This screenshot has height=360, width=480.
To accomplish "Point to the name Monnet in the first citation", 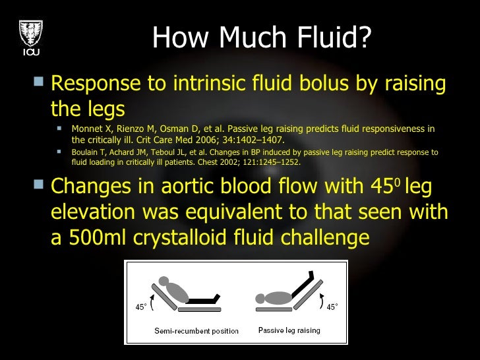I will pyautogui.click(x=88, y=129).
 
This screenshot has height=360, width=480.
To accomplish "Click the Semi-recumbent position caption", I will pyautogui.click(x=196, y=331).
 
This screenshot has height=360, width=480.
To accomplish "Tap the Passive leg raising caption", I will pyautogui.click(x=289, y=330).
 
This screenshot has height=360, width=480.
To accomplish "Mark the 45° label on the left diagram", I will pyautogui.click(x=141, y=307).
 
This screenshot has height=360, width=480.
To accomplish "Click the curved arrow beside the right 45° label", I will pyautogui.click(x=321, y=304).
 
